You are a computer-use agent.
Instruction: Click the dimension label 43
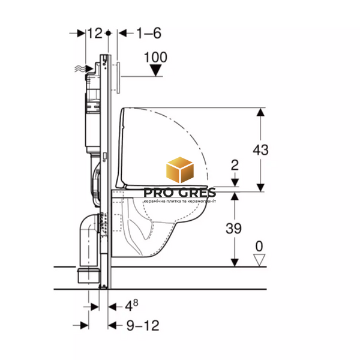[x=260, y=150]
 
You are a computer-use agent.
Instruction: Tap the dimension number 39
[x=233, y=228]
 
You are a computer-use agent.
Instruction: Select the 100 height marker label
[x=155, y=57]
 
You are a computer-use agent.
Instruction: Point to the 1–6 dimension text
[x=149, y=33]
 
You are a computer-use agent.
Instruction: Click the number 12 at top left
[x=95, y=33]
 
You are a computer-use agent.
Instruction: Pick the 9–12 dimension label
[x=143, y=325]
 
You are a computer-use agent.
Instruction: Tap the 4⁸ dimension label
[x=131, y=305]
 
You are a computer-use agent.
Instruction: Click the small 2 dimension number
[x=235, y=165]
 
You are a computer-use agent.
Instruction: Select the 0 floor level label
[x=259, y=246]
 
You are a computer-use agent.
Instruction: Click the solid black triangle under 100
[x=155, y=70]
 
